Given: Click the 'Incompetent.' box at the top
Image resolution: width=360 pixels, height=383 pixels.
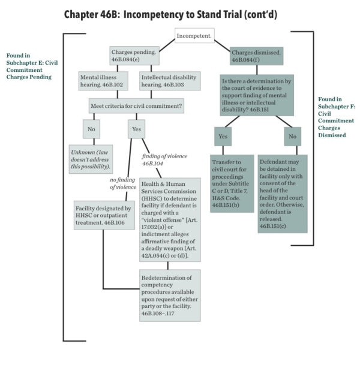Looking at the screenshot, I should [x=194, y=37].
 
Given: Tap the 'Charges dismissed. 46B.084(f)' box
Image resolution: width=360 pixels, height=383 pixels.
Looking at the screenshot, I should [x=256, y=56].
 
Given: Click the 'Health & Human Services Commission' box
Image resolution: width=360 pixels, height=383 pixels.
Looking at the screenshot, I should [x=170, y=219].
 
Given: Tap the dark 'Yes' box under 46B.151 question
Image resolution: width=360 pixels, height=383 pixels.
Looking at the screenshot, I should [x=223, y=137].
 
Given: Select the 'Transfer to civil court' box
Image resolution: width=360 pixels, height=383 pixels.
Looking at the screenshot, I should [x=232, y=185].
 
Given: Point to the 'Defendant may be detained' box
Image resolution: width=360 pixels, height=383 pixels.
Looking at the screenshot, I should [x=283, y=194].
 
